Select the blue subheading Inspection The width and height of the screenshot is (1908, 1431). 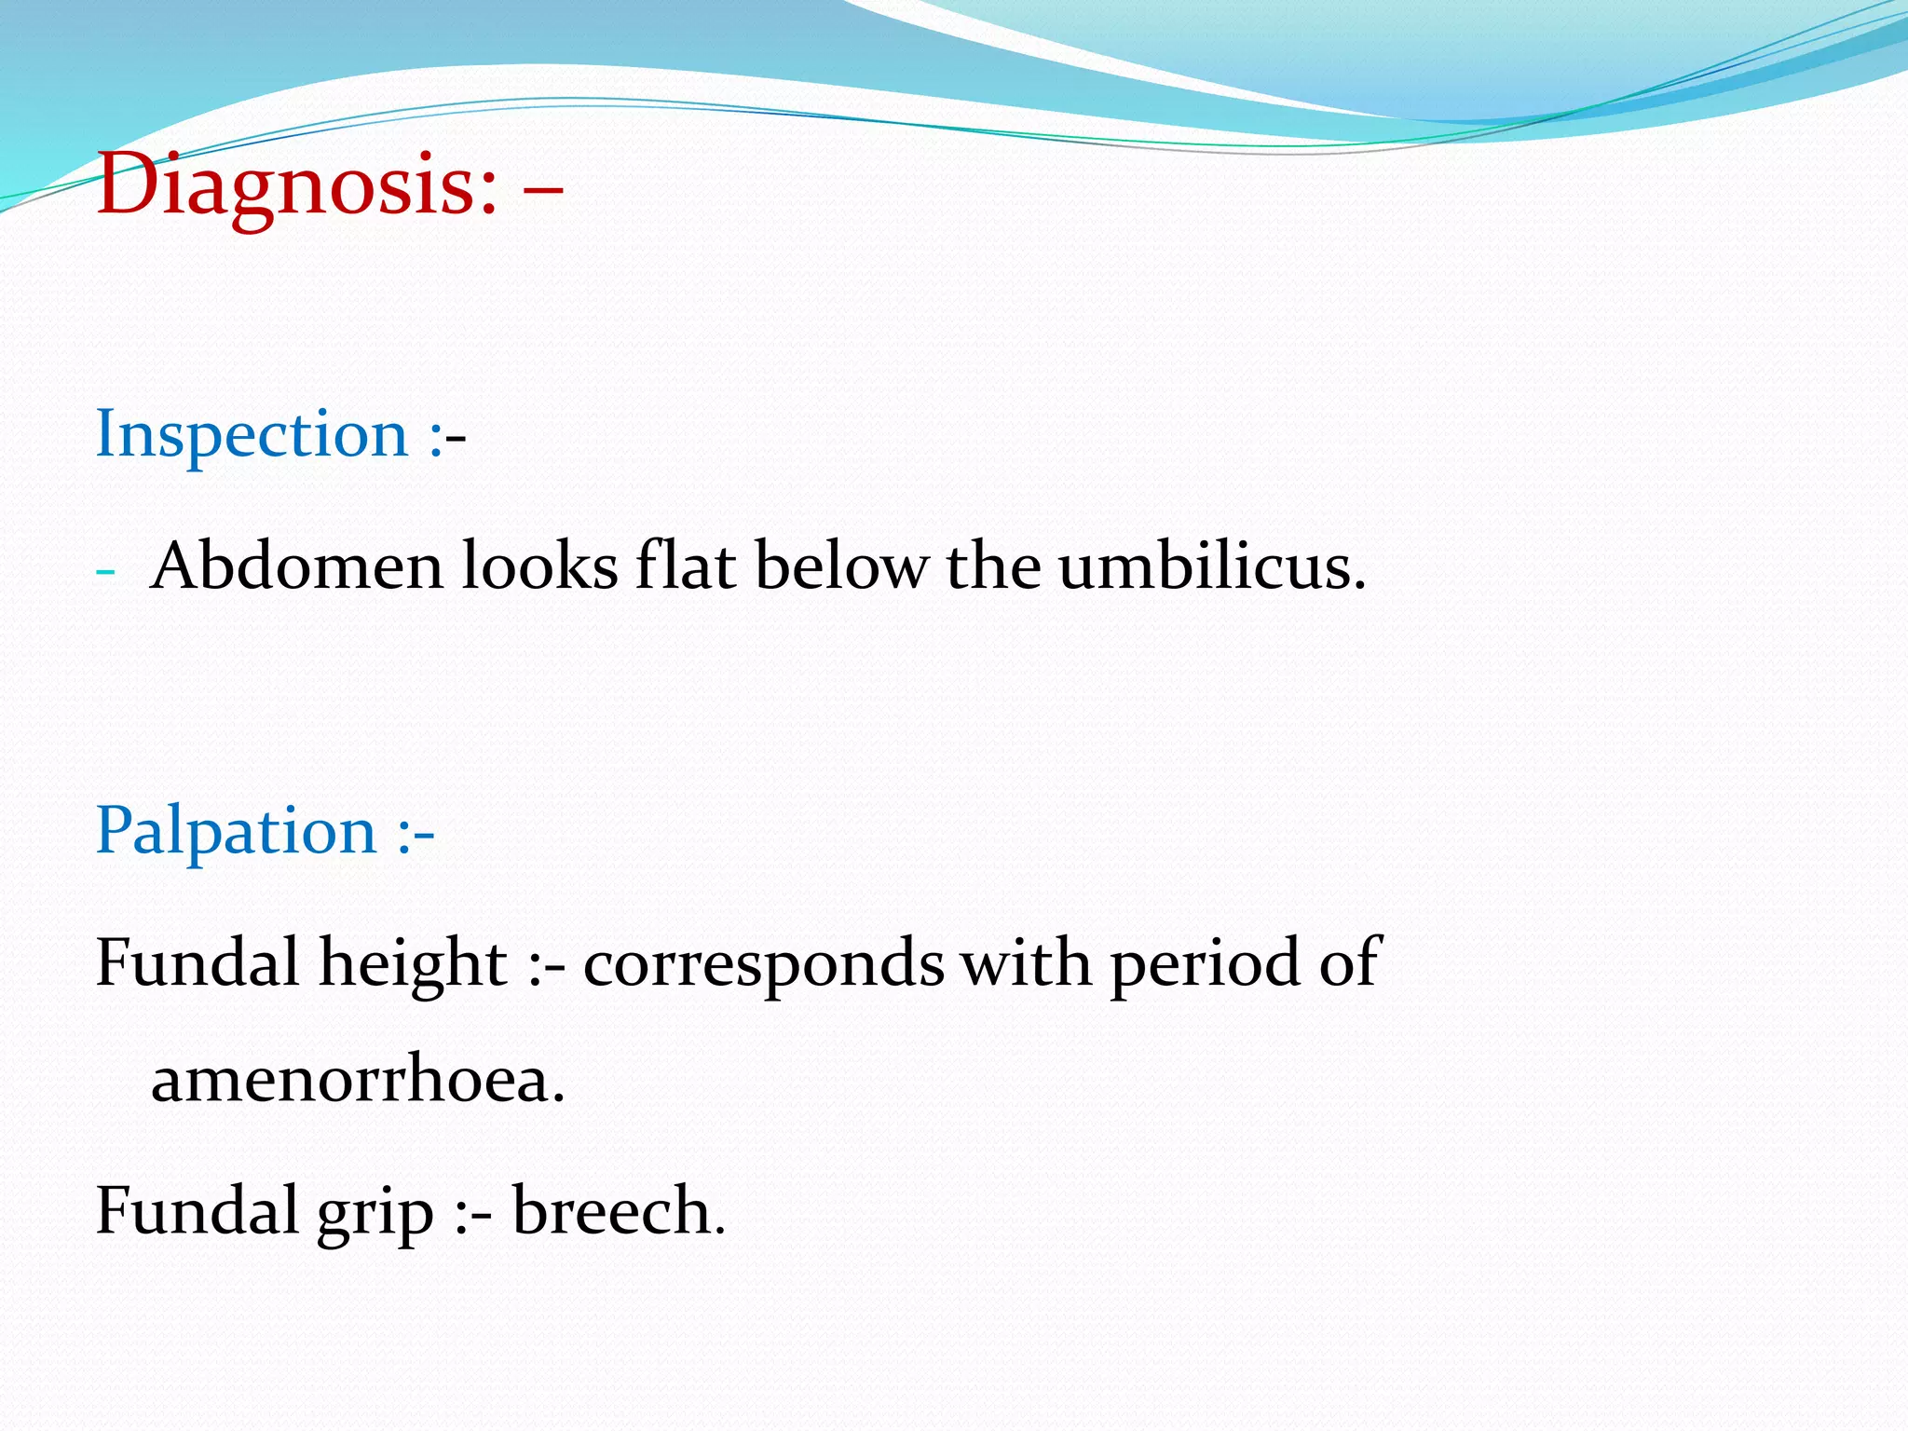click(x=252, y=434)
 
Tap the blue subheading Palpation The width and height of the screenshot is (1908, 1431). click(x=236, y=831)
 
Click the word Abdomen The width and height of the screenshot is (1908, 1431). click(x=296, y=566)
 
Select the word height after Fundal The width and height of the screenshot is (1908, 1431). click(x=413, y=963)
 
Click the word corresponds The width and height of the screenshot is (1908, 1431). click(x=763, y=963)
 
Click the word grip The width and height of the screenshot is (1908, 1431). click(x=375, y=1213)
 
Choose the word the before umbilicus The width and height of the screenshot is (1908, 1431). click(x=993, y=566)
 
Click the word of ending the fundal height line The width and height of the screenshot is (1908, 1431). click(x=1349, y=963)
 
